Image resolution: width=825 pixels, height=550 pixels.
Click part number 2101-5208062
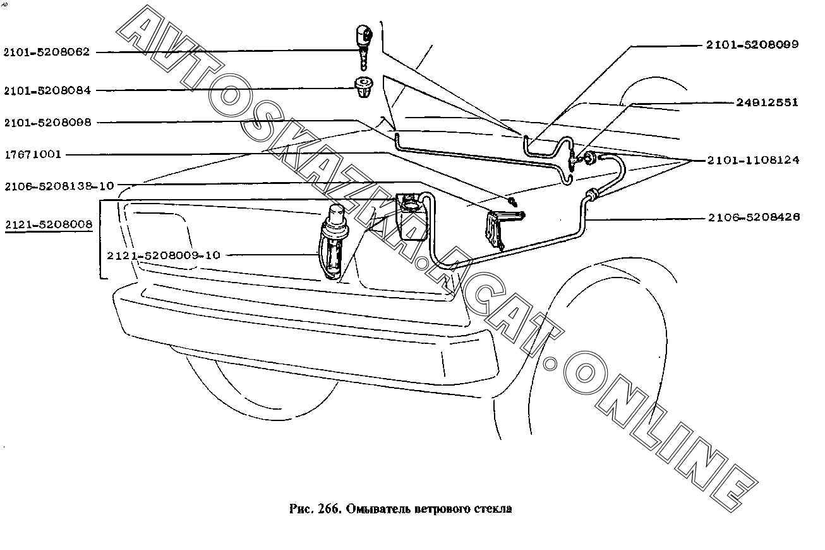(x=47, y=52)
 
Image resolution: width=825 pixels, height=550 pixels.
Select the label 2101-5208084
(x=47, y=90)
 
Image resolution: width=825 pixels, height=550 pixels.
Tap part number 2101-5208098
(x=47, y=123)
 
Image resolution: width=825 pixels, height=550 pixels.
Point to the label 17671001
(x=33, y=154)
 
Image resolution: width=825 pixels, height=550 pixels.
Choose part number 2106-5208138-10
(x=59, y=186)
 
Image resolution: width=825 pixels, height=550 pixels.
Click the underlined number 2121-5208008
(x=48, y=224)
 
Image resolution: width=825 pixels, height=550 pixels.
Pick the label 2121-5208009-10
(x=163, y=255)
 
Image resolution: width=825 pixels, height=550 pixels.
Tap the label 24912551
(x=766, y=102)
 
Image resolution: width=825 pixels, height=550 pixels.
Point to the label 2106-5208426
(x=753, y=217)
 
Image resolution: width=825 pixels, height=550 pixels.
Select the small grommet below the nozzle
(x=363, y=87)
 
